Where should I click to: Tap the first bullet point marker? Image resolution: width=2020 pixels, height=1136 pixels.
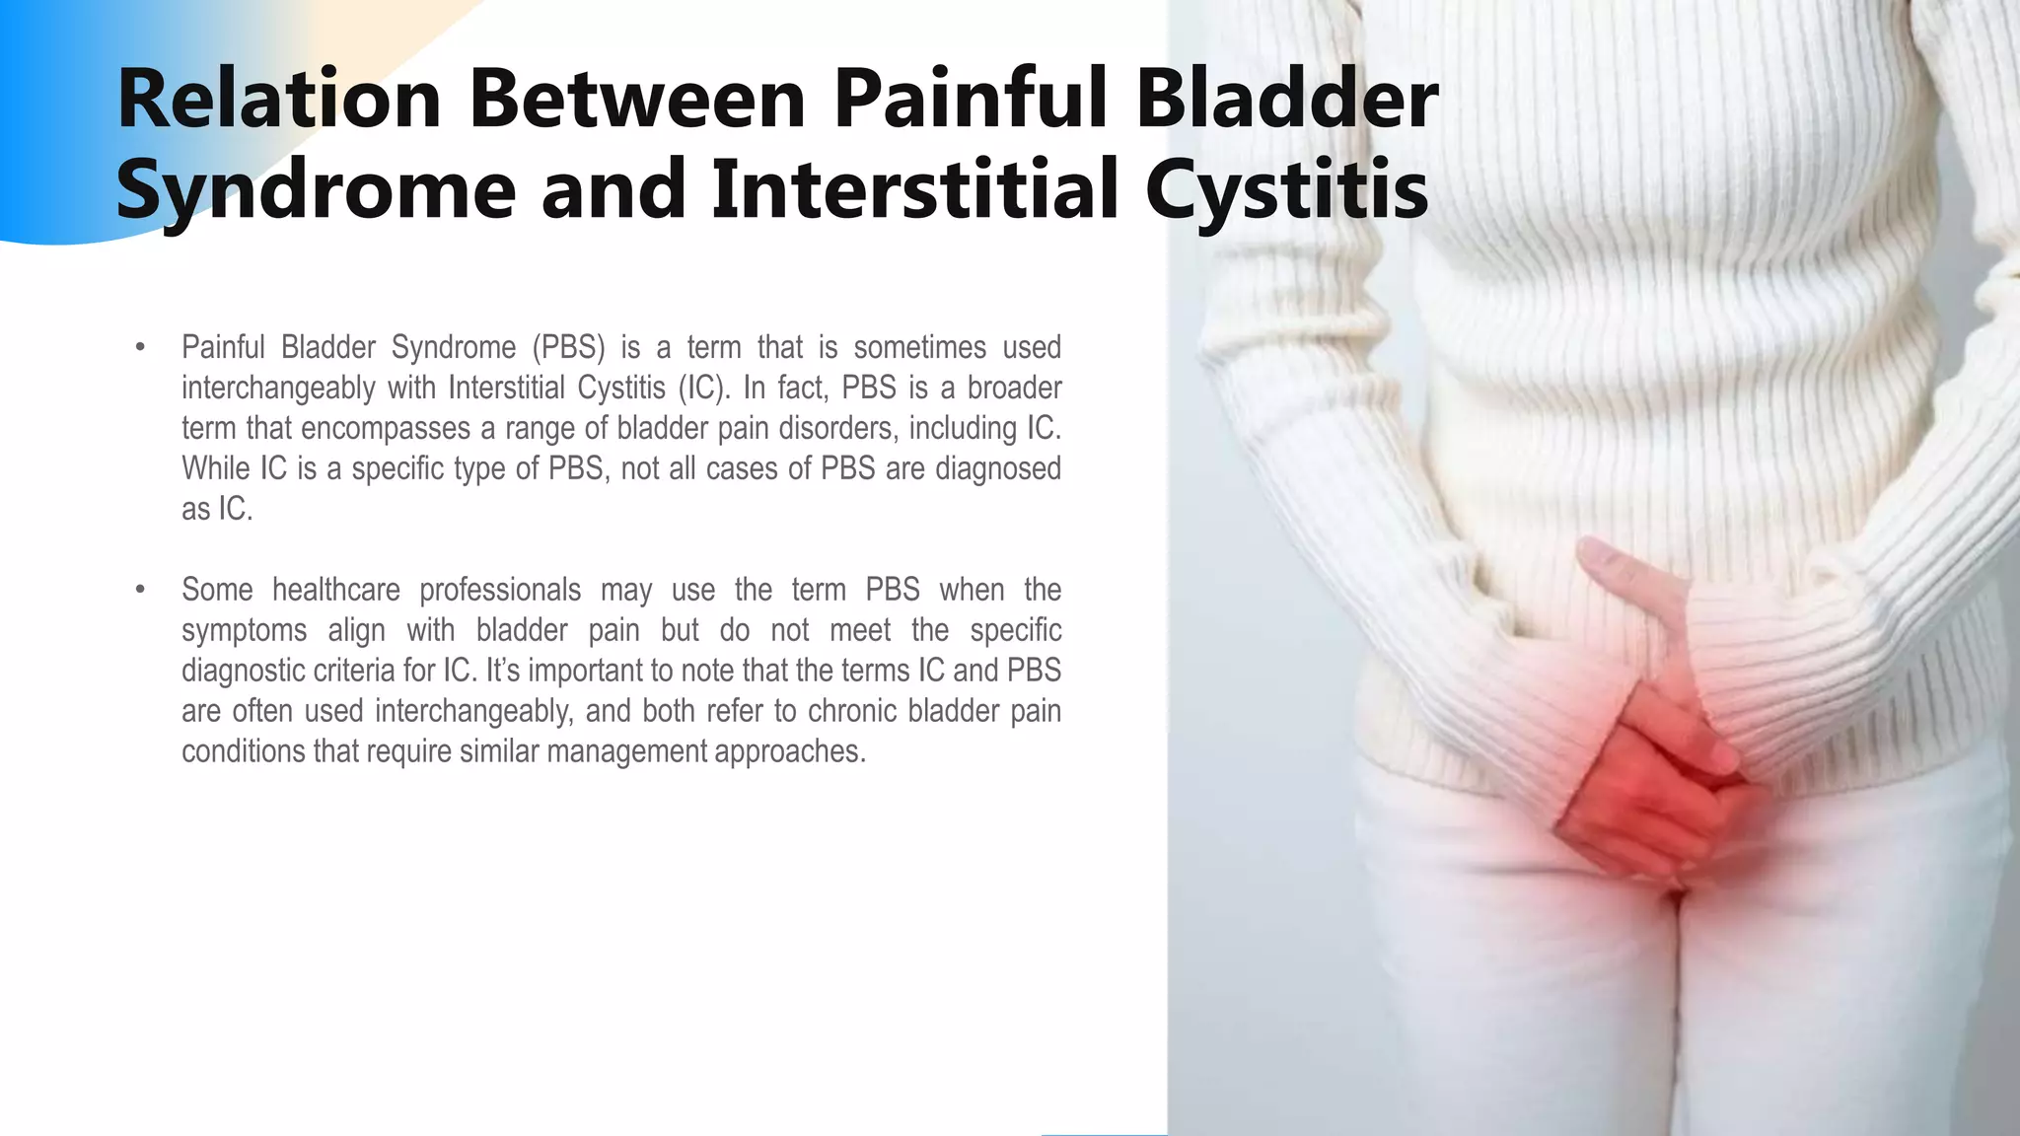pos(140,348)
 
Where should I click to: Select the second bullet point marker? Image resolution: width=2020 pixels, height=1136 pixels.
pos(140,591)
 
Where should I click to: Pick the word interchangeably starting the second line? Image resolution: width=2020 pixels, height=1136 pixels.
pos(277,389)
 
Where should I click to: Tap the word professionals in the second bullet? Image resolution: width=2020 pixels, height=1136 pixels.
pos(500,591)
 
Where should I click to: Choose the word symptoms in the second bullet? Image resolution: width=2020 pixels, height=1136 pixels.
pos(244,631)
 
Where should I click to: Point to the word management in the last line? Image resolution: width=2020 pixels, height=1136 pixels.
pos(626,752)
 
